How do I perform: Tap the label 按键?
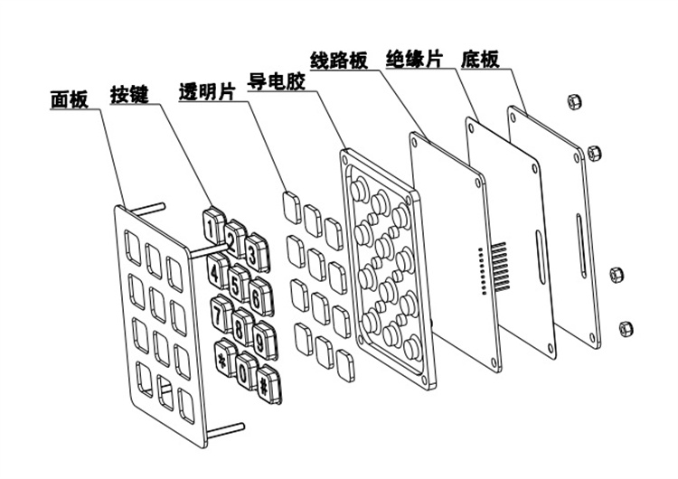click(x=129, y=93)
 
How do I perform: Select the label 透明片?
click(x=202, y=92)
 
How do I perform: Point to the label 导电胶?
click(x=276, y=81)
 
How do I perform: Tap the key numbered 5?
click(x=237, y=284)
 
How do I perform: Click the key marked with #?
click(x=265, y=384)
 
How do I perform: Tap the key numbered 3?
click(x=256, y=254)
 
